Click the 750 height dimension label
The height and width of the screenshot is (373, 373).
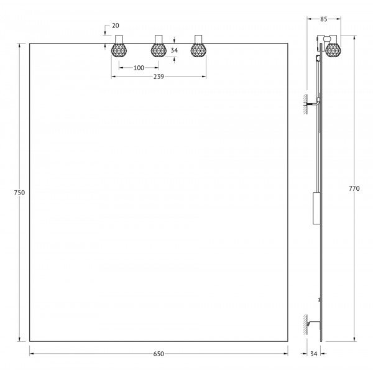tap(19, 193)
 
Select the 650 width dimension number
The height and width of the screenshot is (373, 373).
tap(158, 354)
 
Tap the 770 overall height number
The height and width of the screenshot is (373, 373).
tap(354, 189)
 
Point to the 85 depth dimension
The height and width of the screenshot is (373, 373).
tap(323, 19)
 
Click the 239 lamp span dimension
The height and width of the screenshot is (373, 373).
tap(158, 77)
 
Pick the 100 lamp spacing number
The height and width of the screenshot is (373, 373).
tap(139, 67)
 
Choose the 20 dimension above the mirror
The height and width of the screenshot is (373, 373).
tap(115, 25)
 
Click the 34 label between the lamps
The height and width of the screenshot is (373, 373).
tap(174, 50)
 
